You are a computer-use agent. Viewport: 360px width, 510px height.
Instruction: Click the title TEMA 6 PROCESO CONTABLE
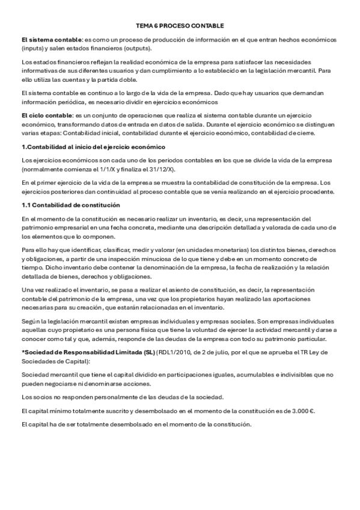pyautogui.click(x=180, y=26)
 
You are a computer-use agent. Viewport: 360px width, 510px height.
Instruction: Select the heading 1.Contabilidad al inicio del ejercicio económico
pyautogui.click(x=93, y=147)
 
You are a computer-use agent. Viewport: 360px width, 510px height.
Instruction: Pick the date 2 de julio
pyautogui.click(x=208, y=353)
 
